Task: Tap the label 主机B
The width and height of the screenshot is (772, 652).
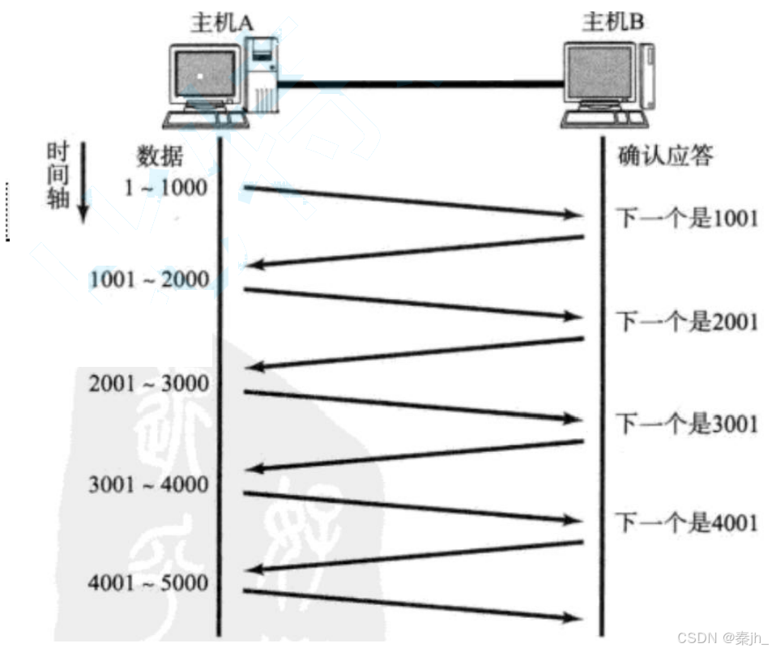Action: [x=613, y=22]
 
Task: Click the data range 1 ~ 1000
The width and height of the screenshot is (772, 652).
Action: [x=165, y=187]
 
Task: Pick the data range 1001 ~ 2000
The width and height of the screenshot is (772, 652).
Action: [x=149, y=280]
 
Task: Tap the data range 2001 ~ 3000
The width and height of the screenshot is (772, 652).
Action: [x=149, y=382]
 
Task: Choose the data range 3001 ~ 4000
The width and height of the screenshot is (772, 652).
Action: [x=149, y=484]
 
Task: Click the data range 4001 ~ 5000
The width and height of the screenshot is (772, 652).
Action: [x=149, y=582]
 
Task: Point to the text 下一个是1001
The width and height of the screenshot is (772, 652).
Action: [x=688, y=218]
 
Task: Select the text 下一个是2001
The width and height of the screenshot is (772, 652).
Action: [x=688, y=322]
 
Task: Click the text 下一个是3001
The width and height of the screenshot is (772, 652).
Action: [x=688, y=423]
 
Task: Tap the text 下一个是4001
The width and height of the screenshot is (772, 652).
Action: [x=688, y=522]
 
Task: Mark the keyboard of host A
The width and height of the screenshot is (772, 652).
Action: [x=203, y=120]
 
